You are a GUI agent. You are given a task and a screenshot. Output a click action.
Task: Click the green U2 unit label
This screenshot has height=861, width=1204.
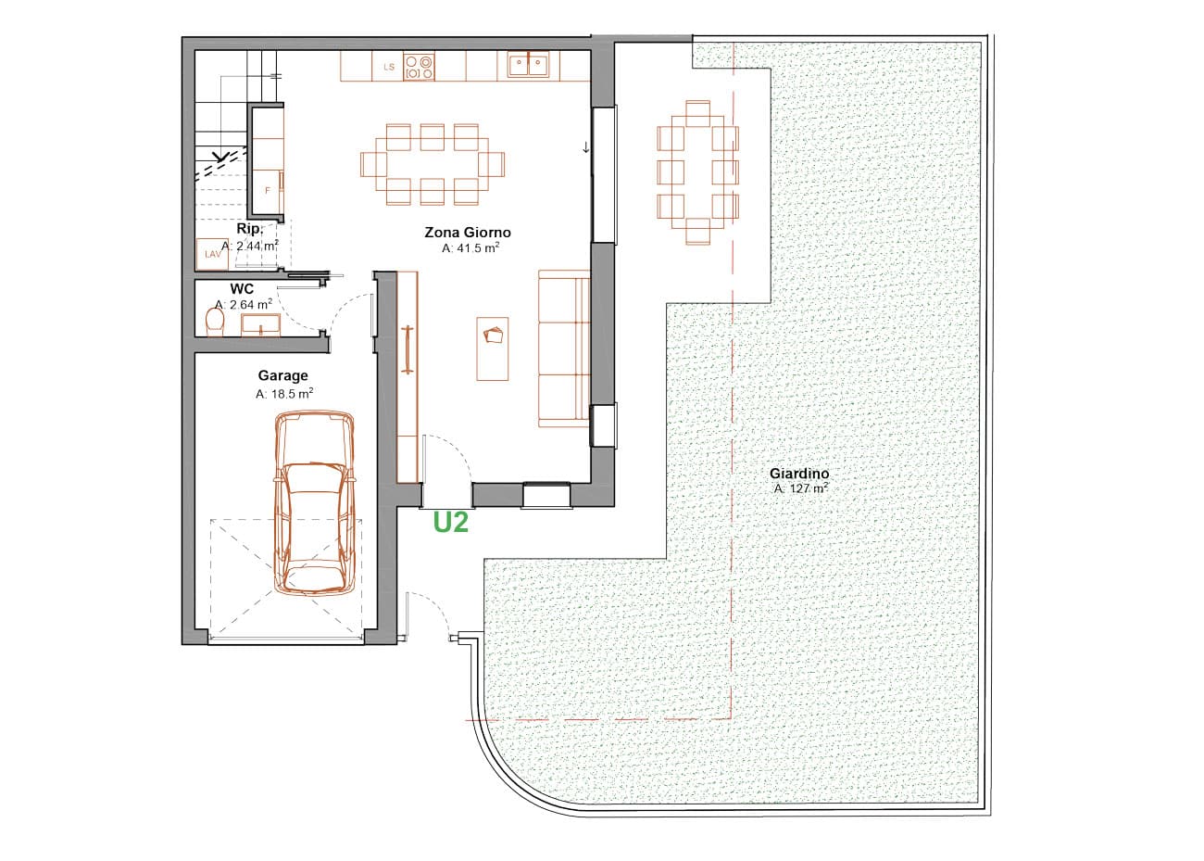[x=450, y=522]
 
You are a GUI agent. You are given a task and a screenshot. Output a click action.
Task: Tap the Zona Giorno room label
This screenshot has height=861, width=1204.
[x=468, y=233]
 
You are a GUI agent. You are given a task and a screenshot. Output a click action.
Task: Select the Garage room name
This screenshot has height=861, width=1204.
[x=282, y=375]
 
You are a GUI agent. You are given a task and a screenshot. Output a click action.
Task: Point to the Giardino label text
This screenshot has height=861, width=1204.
[x=799, y=474]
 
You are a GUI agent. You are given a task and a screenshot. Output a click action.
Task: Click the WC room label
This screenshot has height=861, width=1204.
[x=242, y=289]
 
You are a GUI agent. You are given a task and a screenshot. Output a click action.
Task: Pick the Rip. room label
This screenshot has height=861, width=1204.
[x=248, y=228]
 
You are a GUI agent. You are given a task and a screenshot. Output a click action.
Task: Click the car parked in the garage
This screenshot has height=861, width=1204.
[x=315, y=503]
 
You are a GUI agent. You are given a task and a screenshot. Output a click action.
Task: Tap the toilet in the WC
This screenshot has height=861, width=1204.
[x=215, y=321]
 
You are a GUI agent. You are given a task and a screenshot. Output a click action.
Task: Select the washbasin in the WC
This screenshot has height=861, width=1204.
[x=260, y=324]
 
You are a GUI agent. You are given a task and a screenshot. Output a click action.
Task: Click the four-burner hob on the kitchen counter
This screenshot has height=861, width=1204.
[x=420, y=68]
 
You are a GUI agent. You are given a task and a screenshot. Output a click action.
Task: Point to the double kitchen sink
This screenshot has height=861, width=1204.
[x=528, y=65]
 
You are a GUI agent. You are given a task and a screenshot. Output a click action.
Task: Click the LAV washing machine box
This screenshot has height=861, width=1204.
[x=212, y=254]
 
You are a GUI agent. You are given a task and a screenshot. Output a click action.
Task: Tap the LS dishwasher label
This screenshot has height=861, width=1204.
[x=389, y=67]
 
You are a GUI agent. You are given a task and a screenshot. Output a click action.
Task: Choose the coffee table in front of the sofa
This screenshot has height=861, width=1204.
[x=493, y=348]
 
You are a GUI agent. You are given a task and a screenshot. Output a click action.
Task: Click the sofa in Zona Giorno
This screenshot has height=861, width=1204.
[x=564, y=348]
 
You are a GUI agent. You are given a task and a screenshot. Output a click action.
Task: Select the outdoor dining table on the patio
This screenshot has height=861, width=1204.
[x=698, y=172]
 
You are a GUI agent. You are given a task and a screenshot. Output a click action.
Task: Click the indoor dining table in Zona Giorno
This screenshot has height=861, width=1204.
[x=433, y=164]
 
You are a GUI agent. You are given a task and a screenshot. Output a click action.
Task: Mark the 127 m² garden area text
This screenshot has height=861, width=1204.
[x=801, y=488]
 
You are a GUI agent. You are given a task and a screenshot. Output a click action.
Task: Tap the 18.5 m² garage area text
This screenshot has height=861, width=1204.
[x=284, y=393]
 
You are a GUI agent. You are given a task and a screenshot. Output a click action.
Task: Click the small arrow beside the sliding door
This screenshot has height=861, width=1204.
[x=586, y=146]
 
